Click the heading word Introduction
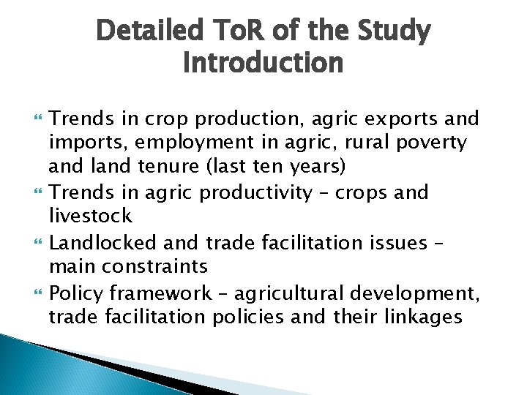(263, 64)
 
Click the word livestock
(90, 216)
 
